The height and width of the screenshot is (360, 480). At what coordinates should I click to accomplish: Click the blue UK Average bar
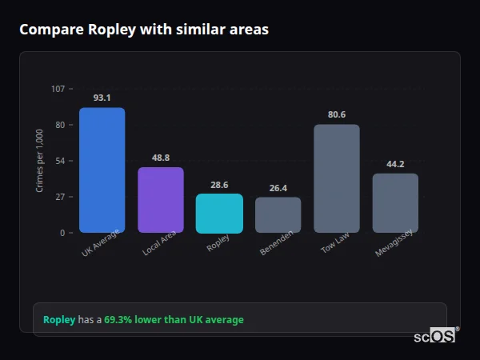[102, 170]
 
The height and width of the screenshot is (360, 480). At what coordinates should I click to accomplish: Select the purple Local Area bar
[161, 200]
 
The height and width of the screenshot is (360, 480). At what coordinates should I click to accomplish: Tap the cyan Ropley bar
[219, 213]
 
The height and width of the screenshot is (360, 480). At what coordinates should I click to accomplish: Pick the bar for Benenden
[278, 214]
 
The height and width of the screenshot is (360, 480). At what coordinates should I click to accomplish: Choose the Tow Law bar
[337, 178]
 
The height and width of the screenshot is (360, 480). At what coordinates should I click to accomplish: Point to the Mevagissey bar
[395, 202]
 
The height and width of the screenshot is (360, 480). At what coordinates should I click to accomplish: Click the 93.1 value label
[102, 98]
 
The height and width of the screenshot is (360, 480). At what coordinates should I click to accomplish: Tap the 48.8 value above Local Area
[161, 158]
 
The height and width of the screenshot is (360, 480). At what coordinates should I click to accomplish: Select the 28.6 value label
[219, 185]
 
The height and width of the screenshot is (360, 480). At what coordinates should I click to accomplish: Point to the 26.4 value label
[278, 188]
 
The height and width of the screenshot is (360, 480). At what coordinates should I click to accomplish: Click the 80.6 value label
[337, 114]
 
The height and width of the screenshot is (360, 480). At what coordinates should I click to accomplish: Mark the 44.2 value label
[395, 164]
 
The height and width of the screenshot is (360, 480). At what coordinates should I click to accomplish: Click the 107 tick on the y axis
[58, 89]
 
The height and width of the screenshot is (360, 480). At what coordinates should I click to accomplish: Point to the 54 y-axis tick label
[60, 161]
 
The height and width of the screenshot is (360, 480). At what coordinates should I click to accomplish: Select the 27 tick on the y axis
[60, 197]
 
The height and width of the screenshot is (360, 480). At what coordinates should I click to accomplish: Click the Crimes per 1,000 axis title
[40, 161]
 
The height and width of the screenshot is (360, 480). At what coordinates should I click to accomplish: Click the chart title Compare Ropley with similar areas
[144, 30]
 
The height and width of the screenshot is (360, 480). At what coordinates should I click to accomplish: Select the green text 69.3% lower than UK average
[174, 320]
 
